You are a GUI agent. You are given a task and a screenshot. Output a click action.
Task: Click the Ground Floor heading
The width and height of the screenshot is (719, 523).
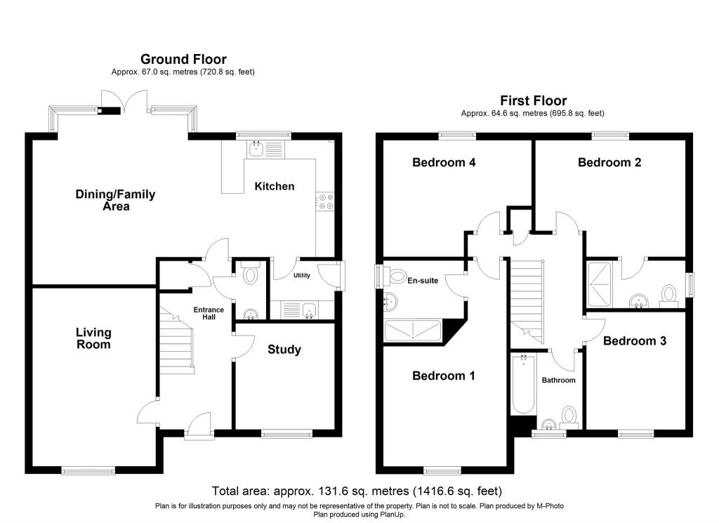tap(183, 60)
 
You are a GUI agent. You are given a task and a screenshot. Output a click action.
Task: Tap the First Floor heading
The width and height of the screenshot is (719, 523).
tap(533, 101)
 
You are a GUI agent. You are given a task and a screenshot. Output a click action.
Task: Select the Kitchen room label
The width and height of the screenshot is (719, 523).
tap(274, 186)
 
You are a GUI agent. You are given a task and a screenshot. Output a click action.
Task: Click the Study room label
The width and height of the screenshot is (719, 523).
tap(284, 350)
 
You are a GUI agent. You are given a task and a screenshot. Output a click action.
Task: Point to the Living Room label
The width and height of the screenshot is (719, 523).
tap(93, 338)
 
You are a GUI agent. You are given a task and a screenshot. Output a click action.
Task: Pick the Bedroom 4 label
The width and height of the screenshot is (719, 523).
tap(444, 163)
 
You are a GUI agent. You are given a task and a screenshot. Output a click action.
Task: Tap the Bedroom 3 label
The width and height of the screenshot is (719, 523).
tap(635, 341)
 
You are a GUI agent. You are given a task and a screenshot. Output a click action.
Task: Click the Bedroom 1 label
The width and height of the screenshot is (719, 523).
tap(444, 376)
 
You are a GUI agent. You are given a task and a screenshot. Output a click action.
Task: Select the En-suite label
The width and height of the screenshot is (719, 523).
tap(423, 280)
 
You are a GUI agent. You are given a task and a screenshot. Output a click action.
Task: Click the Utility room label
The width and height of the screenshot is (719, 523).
tap(302, 276)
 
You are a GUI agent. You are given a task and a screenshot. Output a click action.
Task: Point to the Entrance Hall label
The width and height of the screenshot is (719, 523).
tap(209, 313)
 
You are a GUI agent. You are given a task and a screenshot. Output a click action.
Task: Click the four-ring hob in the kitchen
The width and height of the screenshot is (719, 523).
tap(326, 201)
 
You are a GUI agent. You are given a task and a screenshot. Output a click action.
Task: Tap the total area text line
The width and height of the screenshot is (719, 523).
tap(357, 491)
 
